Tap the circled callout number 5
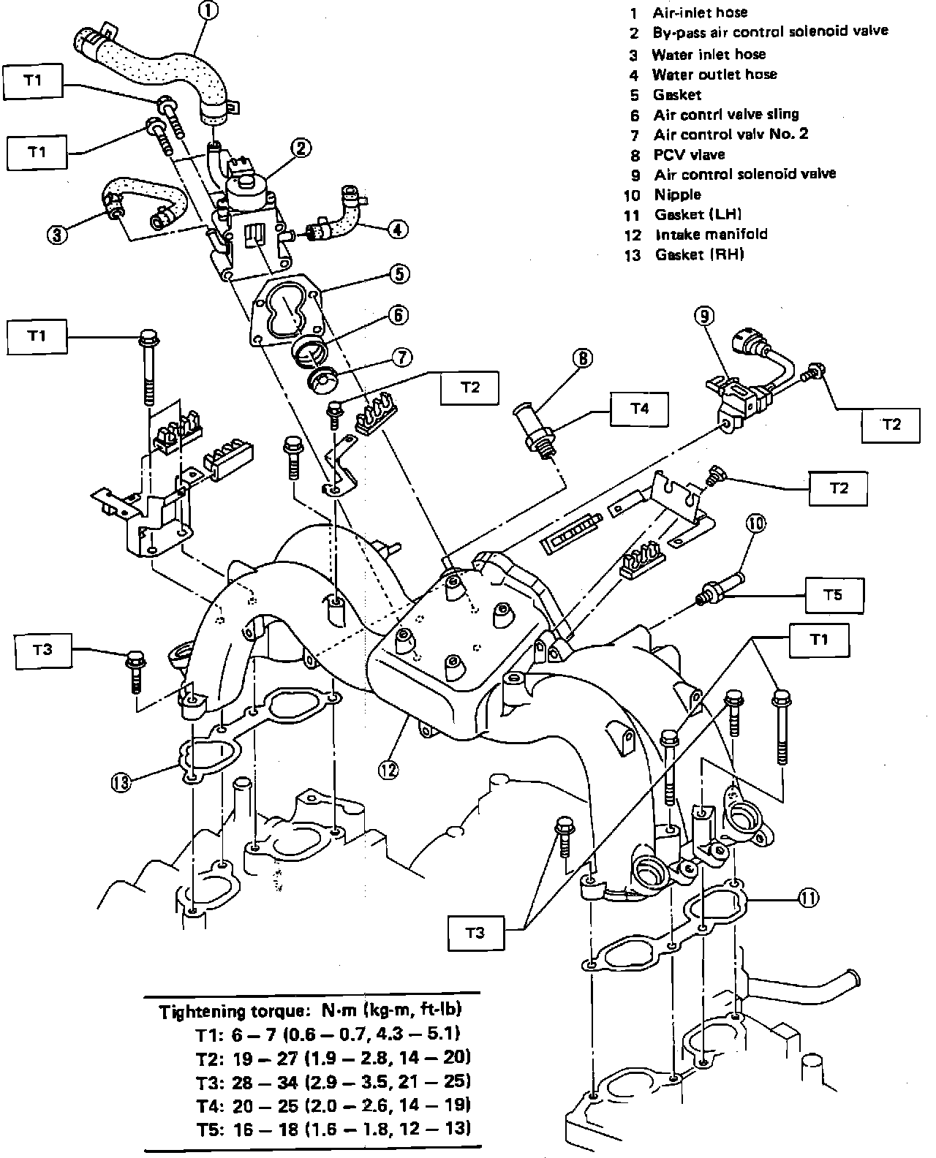399,274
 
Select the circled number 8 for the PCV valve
582,358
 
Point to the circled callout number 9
703,316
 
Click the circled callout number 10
756,523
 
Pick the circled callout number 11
808,898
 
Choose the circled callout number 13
122,782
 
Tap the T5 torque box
834,594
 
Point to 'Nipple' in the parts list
678,194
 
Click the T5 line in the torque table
333,1128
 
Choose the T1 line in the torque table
328,1034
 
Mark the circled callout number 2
300,149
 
